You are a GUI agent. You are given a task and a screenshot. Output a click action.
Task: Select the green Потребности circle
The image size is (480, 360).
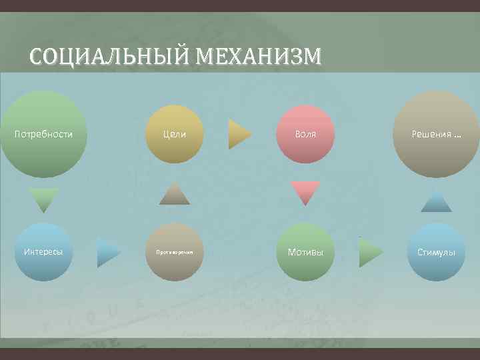point(43,134)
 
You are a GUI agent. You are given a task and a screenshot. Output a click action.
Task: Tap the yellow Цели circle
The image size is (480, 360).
point(174,134)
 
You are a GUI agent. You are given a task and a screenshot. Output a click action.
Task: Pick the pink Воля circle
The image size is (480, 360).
point(305,134)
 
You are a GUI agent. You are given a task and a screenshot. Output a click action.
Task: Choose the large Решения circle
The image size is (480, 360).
point(436,134)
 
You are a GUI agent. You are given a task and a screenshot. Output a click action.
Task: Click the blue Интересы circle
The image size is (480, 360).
point(43,252)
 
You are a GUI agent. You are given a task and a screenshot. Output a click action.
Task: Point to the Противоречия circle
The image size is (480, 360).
point(174,252)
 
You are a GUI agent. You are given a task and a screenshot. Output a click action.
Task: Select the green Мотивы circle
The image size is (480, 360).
point(305,252)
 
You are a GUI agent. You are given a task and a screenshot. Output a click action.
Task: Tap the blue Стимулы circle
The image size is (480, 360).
point(436,252)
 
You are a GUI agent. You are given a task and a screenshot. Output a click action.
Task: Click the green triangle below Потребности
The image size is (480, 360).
point(43,199)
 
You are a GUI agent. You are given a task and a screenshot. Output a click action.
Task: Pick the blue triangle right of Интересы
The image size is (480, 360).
point(107,253)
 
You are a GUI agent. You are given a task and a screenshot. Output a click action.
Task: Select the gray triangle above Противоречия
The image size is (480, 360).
point(174,193)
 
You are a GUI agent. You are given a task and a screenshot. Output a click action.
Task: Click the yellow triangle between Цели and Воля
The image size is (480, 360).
point(239,134)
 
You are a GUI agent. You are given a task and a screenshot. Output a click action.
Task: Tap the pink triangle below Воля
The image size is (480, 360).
point(305,192)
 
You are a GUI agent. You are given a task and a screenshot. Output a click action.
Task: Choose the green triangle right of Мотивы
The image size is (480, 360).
point(370,253)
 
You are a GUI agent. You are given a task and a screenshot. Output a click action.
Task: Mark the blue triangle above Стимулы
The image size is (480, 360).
point(436,201)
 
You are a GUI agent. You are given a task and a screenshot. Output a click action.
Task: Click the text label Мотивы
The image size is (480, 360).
point(305,252)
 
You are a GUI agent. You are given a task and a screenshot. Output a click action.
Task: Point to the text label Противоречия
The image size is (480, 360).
point(174,253)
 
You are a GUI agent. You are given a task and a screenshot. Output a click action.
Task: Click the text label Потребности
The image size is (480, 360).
point(43,134)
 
